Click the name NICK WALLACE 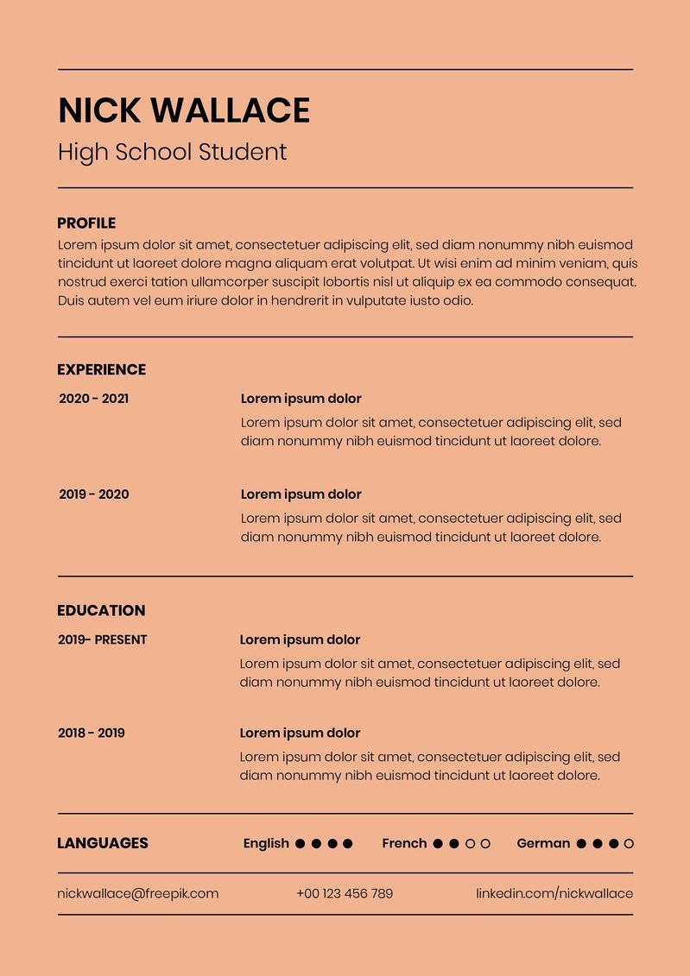coord(183,111)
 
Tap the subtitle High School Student coord(172,153)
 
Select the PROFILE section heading coord(86,224)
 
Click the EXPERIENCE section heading coord(101,370)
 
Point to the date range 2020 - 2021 coord(93,399)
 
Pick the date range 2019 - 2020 coord(93,494)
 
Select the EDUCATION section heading coord(101,611)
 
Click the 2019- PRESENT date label coord(102,639)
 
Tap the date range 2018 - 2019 coord(91,733)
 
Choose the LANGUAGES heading coord(102,844)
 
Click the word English coord(266,844)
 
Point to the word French coord(404,844)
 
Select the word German coord(543,844)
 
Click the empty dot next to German coord(629,844)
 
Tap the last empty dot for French coord(485,844)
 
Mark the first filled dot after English coord(301,844)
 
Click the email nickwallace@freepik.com coord(138,894)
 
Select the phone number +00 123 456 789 coord(345,894)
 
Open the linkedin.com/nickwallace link coord(554,894)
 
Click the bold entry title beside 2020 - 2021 coord(301,399)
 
